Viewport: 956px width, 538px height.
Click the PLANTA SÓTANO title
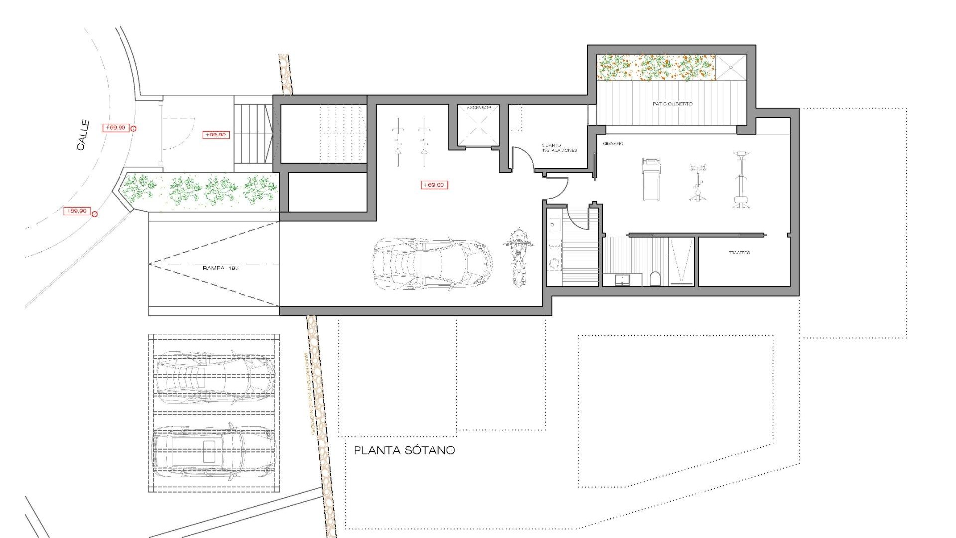click(x=404, y=450)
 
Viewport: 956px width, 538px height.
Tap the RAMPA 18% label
click(x=221, y=268)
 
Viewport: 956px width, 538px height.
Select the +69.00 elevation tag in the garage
click(x=434, y=185)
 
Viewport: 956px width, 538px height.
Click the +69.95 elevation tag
click(x=216, y=134)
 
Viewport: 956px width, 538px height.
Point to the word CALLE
click(x=83, y=134)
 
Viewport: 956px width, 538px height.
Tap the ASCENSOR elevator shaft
click(x=478, y=127)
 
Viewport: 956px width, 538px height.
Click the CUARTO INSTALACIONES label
click(x=559, y=148)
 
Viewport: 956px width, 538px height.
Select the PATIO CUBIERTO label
click(x=672, y=104)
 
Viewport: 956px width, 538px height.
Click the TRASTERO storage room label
click(x=739, y=253)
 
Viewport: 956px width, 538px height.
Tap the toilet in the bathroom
click(x=655, y=279)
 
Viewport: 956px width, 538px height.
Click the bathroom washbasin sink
click(x=622, y=280)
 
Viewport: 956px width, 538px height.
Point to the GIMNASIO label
click(x=613, y=144)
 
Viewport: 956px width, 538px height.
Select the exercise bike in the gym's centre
click(x=698, y=182)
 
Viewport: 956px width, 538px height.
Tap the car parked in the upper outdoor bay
click(x=214, y=378)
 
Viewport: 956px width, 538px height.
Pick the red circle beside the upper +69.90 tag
click(x=133, y=128)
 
